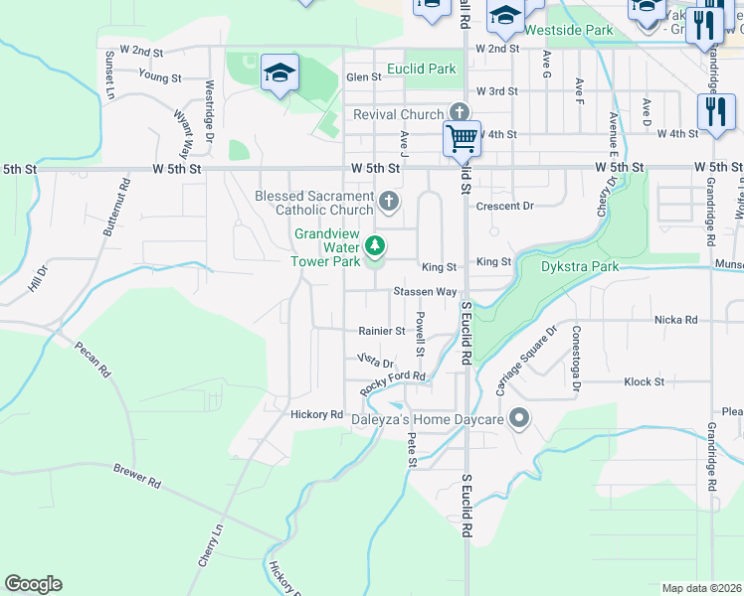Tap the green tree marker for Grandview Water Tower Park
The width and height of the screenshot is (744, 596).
pyautogui.click(x=375, y=244)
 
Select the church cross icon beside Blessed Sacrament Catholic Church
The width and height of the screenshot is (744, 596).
pyautogui.click(x=389, y=203)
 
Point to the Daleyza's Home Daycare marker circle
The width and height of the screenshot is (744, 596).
pyautogui.click(x=517, y=418)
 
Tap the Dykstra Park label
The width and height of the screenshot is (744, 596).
pyautogui.click(x=580, y=266)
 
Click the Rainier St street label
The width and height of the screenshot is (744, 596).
pyautogui.click(x=382, y=331)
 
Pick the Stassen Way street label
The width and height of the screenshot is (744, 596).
pyautogui.click(x=425, y=292)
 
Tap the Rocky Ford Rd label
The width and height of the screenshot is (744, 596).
pyautogui.click(x=393, y=384)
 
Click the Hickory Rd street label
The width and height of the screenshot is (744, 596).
pyautogui.click(x=316, y=414)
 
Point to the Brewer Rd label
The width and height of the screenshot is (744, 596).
pyautogui.click(x=136, y=482)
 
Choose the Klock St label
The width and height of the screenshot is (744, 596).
pyautogui.click(x=644, y=381)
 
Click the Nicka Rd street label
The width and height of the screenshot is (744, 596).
pyautogui.click(x=675, y=320)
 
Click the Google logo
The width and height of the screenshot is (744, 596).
pyautogui.click(x=33, y=584)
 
